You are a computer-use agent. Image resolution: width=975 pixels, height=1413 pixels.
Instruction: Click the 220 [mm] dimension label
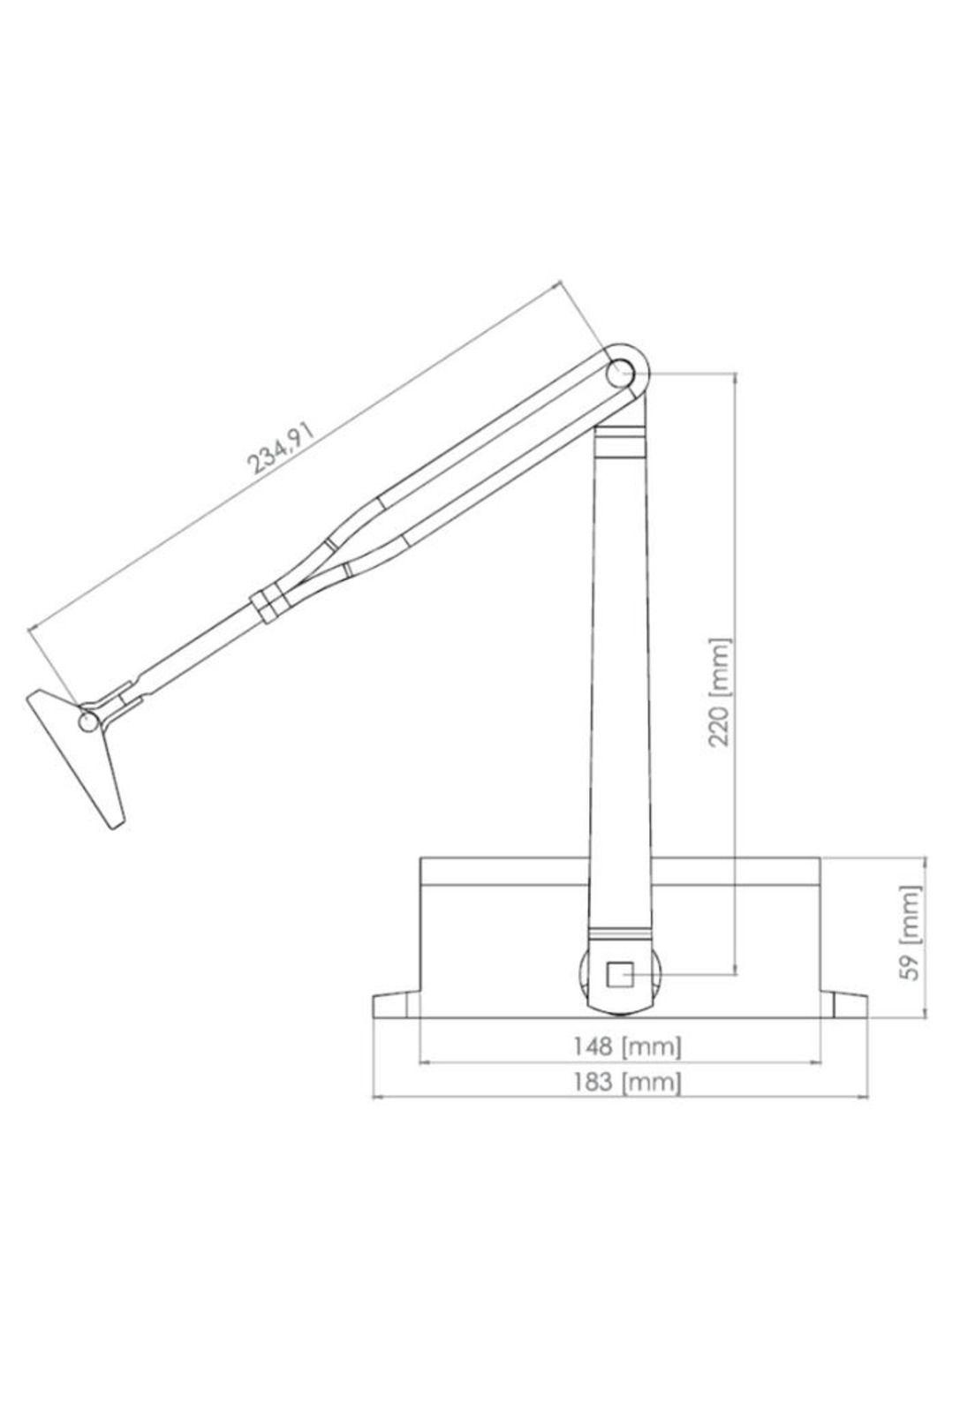[x=722, y=691]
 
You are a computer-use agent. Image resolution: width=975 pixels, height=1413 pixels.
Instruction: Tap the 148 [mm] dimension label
[x=626, y=1047]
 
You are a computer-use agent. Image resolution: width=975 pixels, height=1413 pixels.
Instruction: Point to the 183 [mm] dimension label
[x=626, y=1081]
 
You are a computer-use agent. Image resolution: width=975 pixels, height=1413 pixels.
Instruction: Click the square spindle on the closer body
[x=619, y=975]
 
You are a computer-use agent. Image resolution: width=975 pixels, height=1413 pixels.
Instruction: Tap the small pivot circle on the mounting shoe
[x=88, y=722]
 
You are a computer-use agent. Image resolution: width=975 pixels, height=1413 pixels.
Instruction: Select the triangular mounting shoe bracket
[x=84, y=751]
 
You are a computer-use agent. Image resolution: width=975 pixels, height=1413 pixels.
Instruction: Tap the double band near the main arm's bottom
[x=619, y=933]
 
